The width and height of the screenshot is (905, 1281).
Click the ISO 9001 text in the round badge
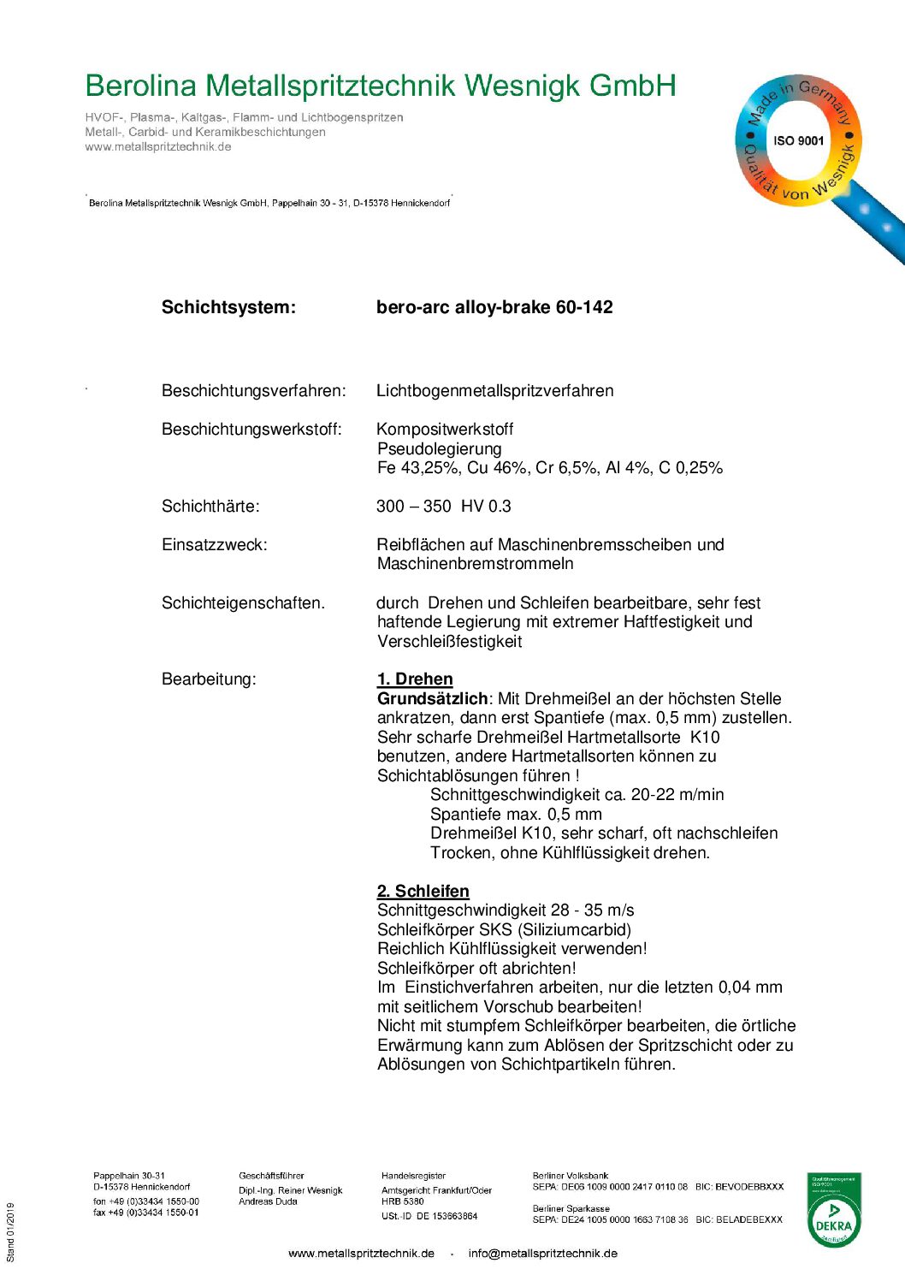click(798, 140)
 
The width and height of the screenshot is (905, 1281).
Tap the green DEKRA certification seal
click(833, 1210)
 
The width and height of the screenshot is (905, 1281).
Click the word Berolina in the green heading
click(141, 86)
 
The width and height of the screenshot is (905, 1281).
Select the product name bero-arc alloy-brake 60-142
click(494, 307)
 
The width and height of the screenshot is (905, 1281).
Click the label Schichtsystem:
click(228, 307)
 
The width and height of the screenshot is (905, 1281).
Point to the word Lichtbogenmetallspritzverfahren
click(494, 391)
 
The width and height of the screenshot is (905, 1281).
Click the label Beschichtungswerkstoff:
click(251, 430)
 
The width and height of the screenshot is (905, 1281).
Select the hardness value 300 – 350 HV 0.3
click(443, 507)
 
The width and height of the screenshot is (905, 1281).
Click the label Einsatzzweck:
click(214, 545)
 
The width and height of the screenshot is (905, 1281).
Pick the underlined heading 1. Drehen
click(415, 679)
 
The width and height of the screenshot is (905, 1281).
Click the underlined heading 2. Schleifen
click(423, 892)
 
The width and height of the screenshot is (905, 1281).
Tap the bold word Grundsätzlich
click(432, 699)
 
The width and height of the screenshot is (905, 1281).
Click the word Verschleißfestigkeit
click(449, 642)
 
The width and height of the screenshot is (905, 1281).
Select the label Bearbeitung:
click(209, 679)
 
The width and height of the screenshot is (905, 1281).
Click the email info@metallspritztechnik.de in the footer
click(542, 1254)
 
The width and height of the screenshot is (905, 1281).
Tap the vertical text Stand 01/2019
click(11, 1232)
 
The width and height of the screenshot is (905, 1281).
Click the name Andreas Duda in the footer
click(268, 1201)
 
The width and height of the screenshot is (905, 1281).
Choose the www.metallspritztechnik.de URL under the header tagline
click(158, 147)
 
